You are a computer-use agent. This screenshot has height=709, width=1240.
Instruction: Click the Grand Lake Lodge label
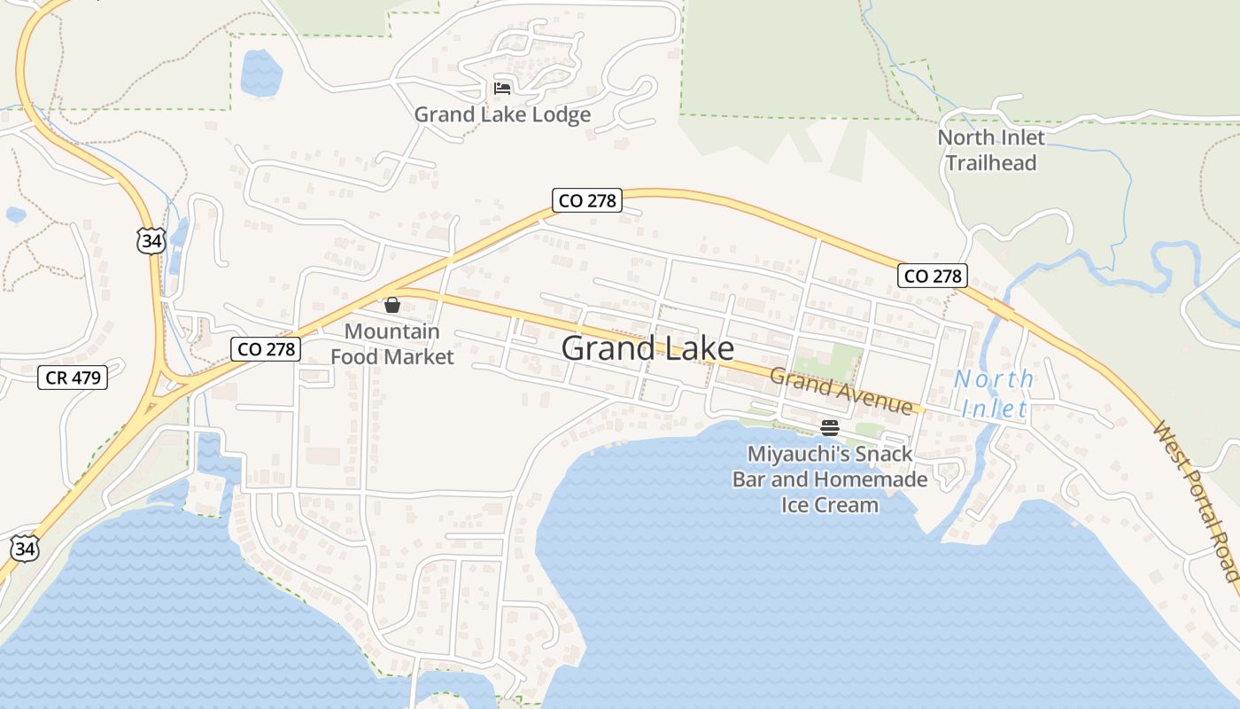tap(502, 115)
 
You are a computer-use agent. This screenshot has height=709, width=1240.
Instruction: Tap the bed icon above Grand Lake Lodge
tap(502, 88)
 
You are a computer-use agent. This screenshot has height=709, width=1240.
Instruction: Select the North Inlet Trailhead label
tap(991, 150)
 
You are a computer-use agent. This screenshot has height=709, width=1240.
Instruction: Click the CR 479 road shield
tap(74, 378)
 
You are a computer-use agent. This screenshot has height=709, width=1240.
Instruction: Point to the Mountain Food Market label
tap(391, 344)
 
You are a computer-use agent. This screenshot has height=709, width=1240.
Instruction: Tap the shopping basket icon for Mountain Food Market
tap(392, 306)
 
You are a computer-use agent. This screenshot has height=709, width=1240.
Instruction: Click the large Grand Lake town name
tap(647, 348)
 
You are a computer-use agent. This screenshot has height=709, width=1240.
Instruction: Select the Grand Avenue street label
tap(840, 391)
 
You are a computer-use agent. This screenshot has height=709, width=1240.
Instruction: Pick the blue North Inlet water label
tap(994, 393)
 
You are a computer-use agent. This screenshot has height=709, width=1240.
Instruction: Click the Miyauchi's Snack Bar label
tap(830, 479)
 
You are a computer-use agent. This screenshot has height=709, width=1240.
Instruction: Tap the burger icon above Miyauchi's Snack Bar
tap(830, 428)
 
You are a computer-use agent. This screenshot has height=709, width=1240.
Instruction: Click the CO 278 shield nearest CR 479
tap(264, 349)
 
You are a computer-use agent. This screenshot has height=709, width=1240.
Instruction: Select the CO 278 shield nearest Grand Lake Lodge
tap(586, 200)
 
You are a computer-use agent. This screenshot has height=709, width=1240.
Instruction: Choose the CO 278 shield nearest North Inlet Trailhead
tap(932, 276)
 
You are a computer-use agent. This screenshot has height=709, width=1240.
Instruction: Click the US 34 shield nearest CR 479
tap(151, 240)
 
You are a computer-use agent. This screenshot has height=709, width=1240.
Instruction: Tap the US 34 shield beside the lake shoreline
tap(26, 548)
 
